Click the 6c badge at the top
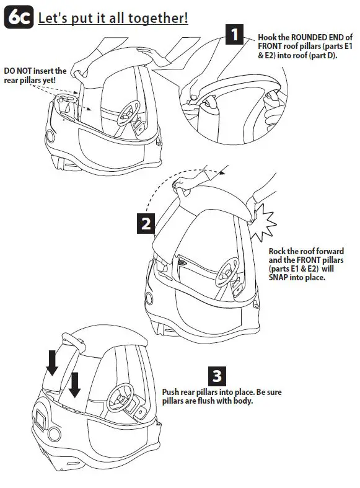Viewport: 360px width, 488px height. [18, 17]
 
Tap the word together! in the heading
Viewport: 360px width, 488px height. [159, 17]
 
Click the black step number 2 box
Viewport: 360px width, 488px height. [146, 223]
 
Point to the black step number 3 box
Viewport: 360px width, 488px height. [217, 376]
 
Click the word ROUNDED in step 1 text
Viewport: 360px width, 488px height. [314, 37]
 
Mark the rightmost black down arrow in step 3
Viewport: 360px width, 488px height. [75, 384]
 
